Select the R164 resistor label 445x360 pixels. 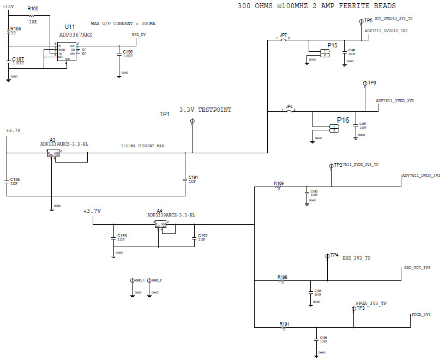pyautogui.click(x=16, y=28)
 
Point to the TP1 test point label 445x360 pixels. pyautogui.click(x=164, y=114)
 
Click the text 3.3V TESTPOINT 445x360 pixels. pyautogui.click(x=205, y=110)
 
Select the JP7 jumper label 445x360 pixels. pyautogui.click(x=283, y=35)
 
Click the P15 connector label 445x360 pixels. pyautogui.click(x=332, y=45)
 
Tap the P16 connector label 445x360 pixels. pyautogui.click(x=343, y=120)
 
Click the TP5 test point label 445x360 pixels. pyautogui.click(x=369, y=20)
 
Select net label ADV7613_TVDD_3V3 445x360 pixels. pyautogui.click(x=395, y=101)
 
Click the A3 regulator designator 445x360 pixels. pyautogui.click(x=52, y=140)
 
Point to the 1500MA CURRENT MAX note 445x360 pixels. pyautogui.click(x=143, y=146)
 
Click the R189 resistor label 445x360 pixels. pyautogui.click(x=279, y=183)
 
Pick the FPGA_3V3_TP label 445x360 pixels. pyautogui.click(x=371, y=303)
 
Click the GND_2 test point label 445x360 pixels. pyautogui.click(x=157, y=280)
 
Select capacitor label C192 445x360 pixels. pyautogui.click(x=202, y=236)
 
